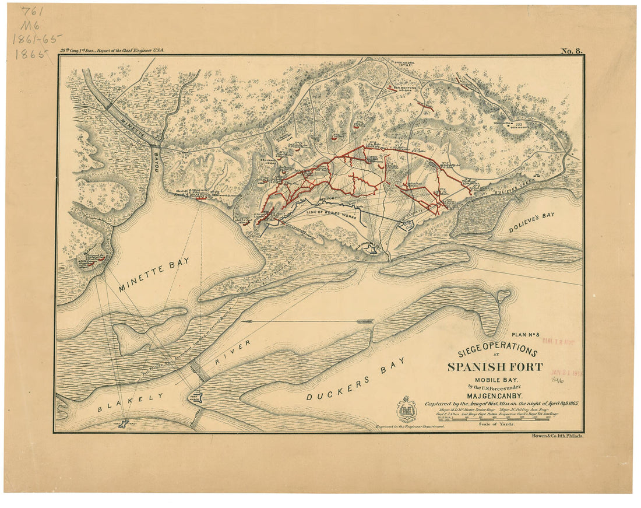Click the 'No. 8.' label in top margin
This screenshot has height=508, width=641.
[571, 51]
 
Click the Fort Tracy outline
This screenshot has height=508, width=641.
[123, 423]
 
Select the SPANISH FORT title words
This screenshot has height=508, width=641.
[495, 367]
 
